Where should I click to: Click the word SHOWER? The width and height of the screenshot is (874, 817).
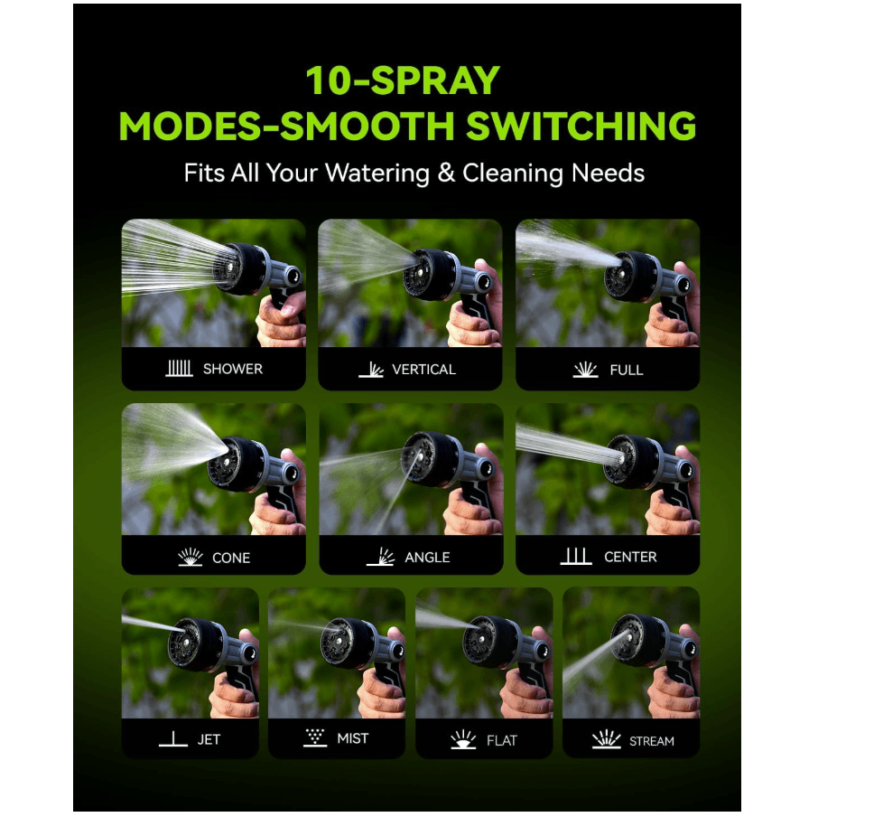pyautogui.click(x=232, y=369)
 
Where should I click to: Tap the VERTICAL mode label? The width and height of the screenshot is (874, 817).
pyautogui.click(x=423, y=370)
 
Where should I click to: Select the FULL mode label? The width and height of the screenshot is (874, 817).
pyautogui.click(x=626, y=370)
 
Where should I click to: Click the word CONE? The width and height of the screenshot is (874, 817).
pyautogui.click(x=231, y=558)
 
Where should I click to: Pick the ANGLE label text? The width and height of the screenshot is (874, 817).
pyautogui.click(x=427, y=558)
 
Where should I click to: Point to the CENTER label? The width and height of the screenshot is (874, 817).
pyautogui.click(x=630, y=557)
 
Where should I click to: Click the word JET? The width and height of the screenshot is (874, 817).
pyautogui.click(x=209, y=739)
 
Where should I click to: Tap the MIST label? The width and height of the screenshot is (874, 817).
pyautogui.click(x=352, y=738)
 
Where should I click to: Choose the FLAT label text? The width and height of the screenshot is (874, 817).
pyautogui.click(x=502, y=740)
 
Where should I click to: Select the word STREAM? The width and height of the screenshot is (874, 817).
pyautogui.click(x=651, y=741)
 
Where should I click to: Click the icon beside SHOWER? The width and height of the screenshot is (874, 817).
pyautogui.click(x=179, y=369)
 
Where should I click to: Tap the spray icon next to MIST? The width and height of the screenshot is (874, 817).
pyautogui.click(x=315, y=737)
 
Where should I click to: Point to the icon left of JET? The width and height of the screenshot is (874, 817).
pyautogui.click(x=172, y=739)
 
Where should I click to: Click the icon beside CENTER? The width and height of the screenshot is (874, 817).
pyautogui.click(x=576, y=556)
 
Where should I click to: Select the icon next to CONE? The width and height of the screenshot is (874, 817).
pyautogui.click(x=191, y=557)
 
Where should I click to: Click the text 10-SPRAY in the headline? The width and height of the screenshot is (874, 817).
pyautogui.click(x=402, y=81)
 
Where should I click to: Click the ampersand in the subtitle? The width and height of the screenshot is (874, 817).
pyautogui.click(x=446, y=173)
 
